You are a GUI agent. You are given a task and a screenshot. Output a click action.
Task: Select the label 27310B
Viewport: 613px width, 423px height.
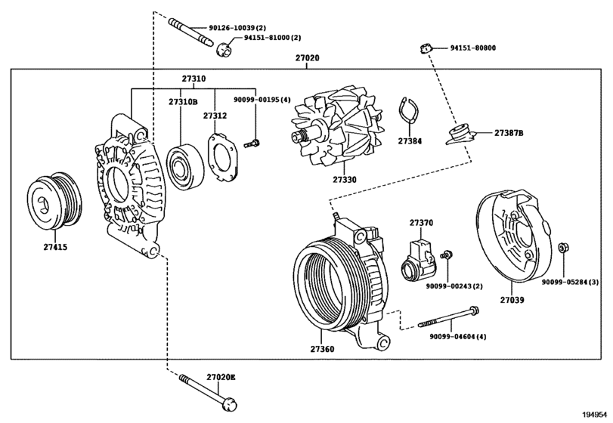183,101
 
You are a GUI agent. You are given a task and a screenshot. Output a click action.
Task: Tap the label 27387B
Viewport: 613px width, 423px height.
509,132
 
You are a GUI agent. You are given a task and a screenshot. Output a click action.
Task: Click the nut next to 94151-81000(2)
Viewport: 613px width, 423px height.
223,50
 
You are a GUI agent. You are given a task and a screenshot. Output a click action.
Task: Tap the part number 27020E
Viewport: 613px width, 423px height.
221,376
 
